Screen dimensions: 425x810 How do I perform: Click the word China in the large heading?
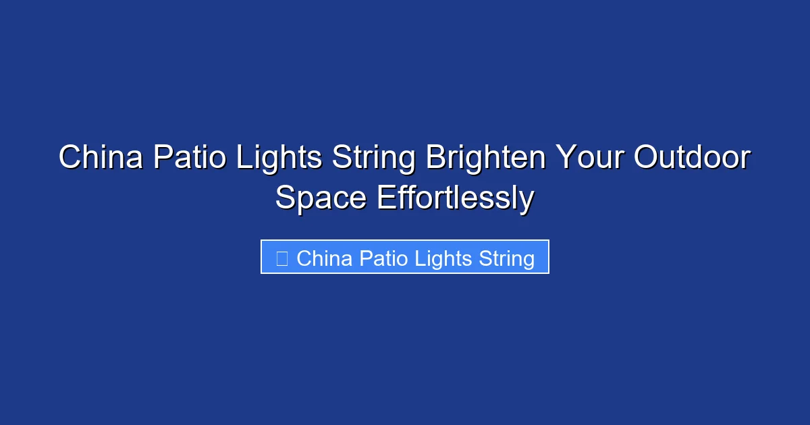100,159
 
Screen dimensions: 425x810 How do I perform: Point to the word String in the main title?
373,159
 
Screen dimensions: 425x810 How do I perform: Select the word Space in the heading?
321,198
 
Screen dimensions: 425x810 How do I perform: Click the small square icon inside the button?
282,258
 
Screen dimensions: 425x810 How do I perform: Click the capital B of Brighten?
435,159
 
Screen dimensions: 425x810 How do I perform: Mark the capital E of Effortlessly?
385,198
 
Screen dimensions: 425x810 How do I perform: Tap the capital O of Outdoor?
647,159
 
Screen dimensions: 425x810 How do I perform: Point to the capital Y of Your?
565,159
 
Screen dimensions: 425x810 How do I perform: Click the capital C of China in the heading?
70,159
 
